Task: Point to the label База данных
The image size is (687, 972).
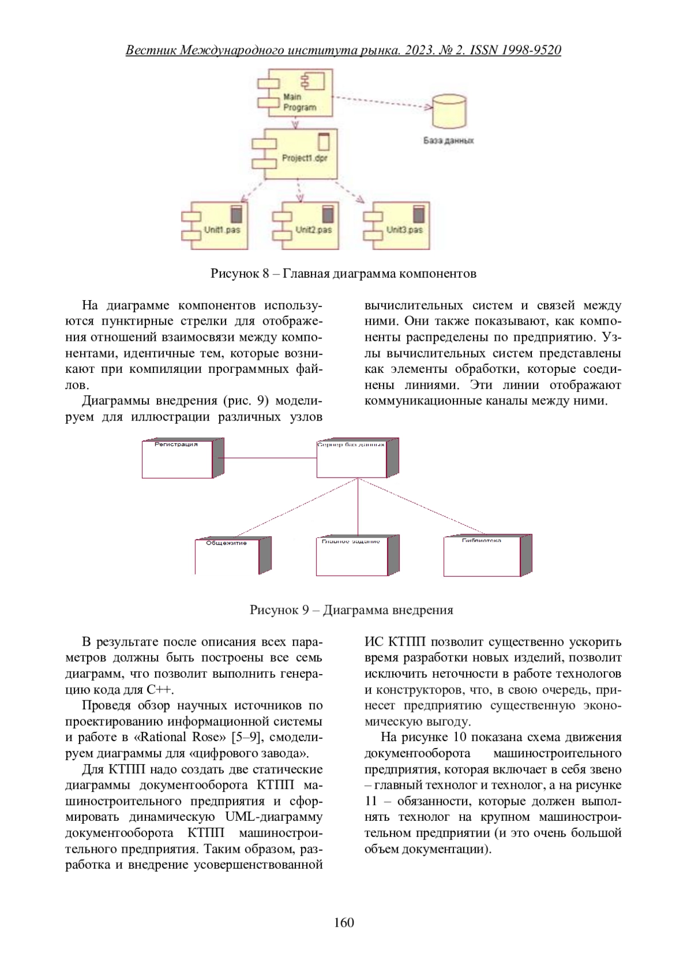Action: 448,140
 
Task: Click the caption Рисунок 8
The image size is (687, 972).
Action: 343,273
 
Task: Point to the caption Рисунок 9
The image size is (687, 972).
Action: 351,610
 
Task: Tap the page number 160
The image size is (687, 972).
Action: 343,923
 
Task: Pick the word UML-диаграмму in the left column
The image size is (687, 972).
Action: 274,817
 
